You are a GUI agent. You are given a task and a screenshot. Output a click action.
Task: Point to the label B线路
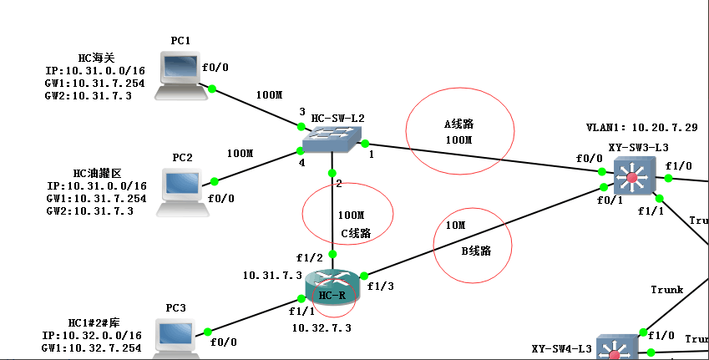coord(476,250)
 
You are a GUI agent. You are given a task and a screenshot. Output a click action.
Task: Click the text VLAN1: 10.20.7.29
coord(641,128)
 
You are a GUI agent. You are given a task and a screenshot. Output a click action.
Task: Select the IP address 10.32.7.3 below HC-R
coord(322,327)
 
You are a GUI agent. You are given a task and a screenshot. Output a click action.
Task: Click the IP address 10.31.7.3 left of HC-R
coord(272,275)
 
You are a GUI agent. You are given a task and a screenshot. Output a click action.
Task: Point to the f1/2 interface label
coord(310,257)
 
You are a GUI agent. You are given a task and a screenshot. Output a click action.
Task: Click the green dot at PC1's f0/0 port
coord(212,89)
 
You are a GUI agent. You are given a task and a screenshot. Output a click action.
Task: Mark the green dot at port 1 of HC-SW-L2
coord(365,144)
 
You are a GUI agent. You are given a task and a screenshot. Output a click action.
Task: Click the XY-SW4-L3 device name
coord(561,348)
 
